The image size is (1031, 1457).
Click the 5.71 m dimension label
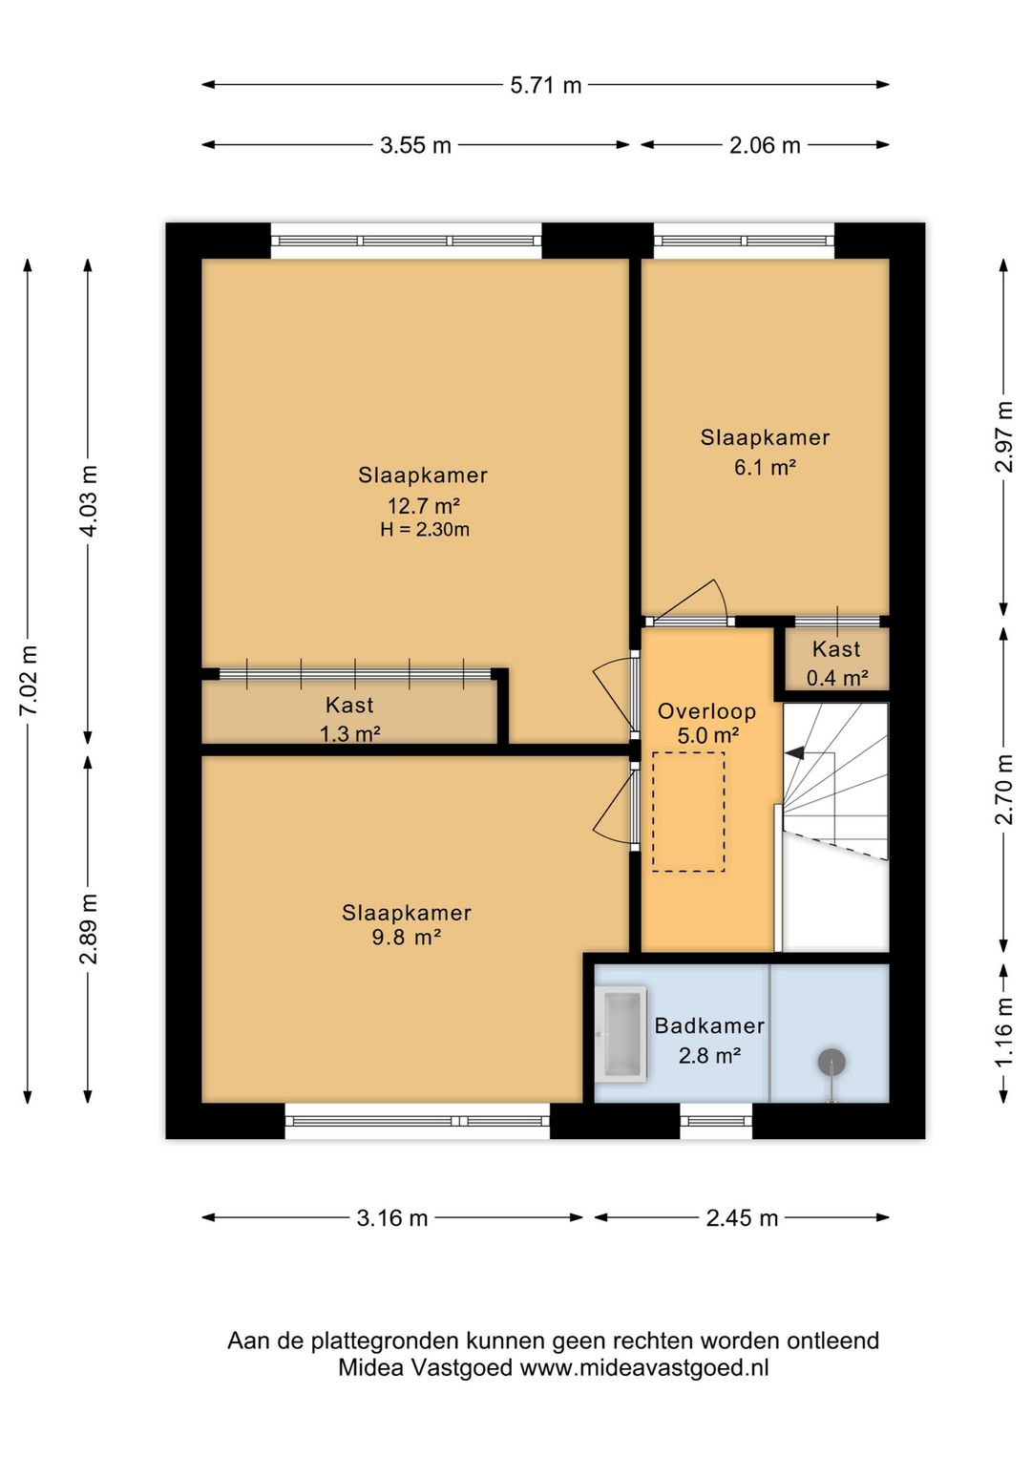(x=545, y=85)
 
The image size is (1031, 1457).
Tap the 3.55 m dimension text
(x=415, y=145)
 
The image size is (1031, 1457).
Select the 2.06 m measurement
(x=765, y=145)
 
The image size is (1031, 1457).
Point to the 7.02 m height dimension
(x=28, y=681)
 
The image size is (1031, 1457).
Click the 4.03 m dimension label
(x=89, y=501)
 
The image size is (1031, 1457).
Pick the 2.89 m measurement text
(x=89, y=928)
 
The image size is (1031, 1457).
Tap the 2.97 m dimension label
(x=1004, y=436)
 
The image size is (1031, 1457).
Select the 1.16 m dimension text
(x=1004, y=1034)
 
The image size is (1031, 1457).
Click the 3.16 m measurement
(x=392, y=1218)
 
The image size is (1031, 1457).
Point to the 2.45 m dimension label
(x=742, y=1218)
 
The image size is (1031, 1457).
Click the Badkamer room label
(x=709, y=1026)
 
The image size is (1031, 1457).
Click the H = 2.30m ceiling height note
(x=425, y=530)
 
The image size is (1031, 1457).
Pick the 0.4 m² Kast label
(x=837, y=679)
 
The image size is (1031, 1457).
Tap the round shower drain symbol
(x=831, y=1062)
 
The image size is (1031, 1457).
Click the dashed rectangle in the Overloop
(x=688, y=812)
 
